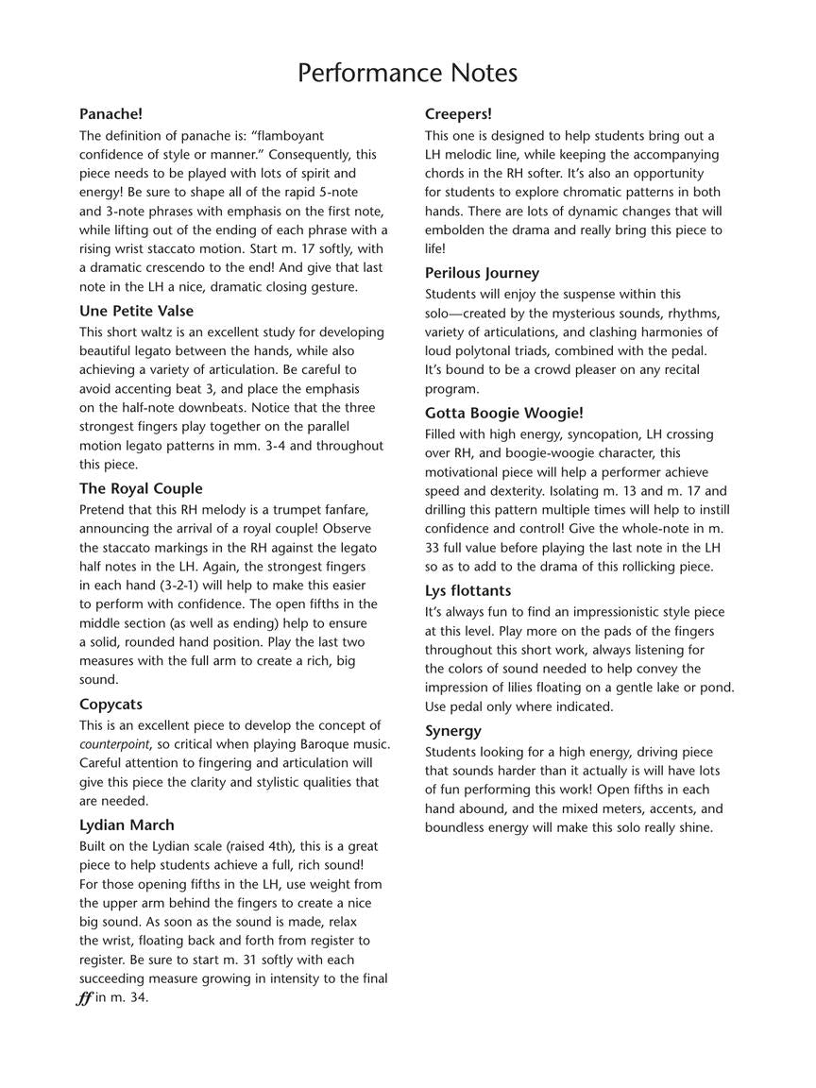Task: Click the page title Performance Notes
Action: [x=407, y=73]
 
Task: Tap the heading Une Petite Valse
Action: [x=136, y=311]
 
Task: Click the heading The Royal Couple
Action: [x=141, y=488]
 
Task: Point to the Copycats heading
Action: [x=110, y=705]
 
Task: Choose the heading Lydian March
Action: [x=127, y=825]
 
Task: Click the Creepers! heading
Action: [x=458, y=114]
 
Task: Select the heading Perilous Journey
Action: [x=482, y=273]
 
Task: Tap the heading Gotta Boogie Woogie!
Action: [x=503, y=413]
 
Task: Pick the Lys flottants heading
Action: [x=467, y=591]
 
